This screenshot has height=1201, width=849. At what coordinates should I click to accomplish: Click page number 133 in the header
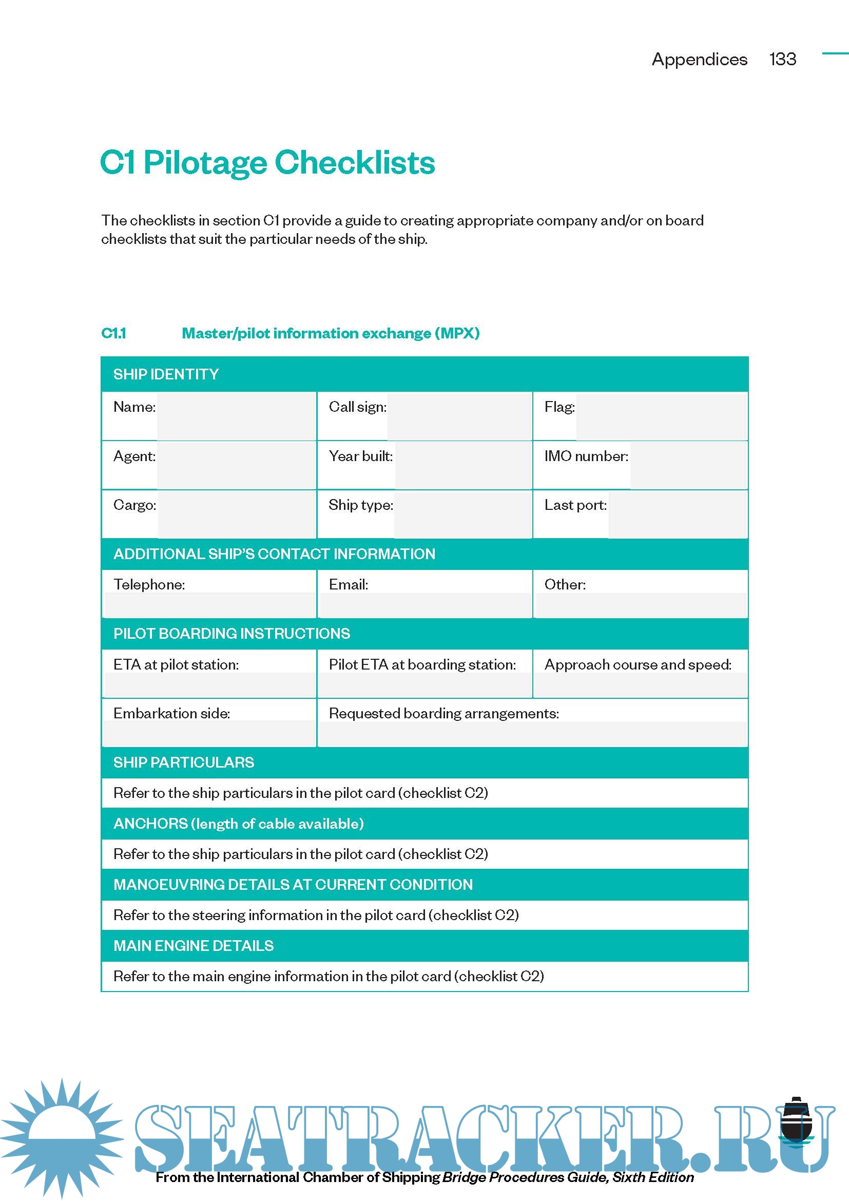point(782,59)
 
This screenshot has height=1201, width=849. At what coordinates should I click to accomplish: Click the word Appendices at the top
point(699,60)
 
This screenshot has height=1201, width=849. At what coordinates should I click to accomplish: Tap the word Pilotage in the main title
point(204,163)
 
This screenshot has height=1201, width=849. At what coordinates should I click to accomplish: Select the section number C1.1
point(113,333)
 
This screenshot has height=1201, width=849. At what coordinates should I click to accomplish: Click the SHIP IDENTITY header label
point(166,374)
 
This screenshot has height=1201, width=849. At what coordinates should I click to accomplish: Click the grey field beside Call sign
point(459,416)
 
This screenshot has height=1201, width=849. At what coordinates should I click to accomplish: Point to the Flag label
point(559,407)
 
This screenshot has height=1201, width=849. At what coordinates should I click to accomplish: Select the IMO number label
point(586,456)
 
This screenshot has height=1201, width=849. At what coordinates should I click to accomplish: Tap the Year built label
point(360,456)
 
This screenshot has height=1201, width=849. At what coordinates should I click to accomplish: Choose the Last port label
point(575,505)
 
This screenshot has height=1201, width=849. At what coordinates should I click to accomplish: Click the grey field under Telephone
point(209,605)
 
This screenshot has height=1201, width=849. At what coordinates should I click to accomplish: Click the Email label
point(348,585)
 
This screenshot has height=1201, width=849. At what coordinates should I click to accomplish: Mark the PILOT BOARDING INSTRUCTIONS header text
point(231,634)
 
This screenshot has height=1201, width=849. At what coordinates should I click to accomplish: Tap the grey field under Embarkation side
point(209,733)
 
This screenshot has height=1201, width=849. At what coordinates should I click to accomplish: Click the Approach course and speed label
point(638,665)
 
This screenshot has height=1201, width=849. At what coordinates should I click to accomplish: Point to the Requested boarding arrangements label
point(443,714)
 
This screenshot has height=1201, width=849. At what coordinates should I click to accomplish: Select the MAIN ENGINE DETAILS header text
point(194,946)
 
